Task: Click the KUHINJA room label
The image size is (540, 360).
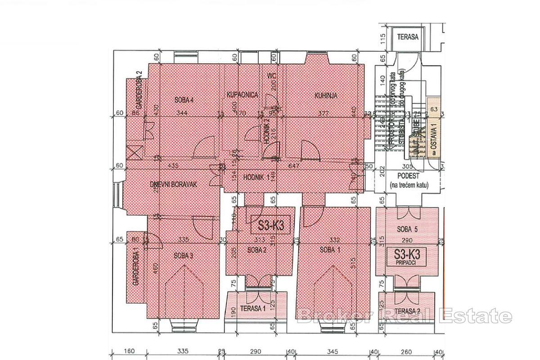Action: point(326,95)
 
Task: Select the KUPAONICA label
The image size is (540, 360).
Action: point(242,95)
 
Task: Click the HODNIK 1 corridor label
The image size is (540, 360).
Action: point(255,177)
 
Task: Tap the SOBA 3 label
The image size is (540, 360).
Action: point(183,256)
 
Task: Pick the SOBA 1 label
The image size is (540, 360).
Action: point(330,250)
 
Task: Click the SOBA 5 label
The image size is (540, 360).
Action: point(407,229)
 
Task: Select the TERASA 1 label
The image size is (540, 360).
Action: point(252,308)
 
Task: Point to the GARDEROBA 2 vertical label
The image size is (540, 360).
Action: point(139,90)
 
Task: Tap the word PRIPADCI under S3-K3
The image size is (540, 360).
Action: point(407,261)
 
